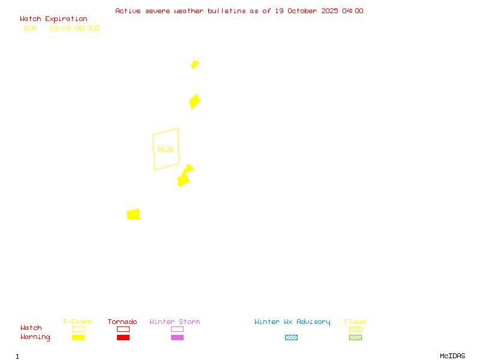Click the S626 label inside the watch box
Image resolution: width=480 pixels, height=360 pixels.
165,149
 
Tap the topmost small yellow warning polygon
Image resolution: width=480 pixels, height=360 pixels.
194,64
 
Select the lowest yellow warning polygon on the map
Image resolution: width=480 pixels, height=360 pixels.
133,214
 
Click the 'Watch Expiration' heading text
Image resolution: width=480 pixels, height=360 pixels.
53,19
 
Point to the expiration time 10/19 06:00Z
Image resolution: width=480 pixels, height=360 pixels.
74,28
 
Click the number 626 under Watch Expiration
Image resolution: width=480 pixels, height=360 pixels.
31,28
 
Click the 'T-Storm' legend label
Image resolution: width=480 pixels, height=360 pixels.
77,322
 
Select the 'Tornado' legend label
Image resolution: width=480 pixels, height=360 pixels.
122,322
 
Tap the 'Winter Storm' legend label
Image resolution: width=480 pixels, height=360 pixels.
175,322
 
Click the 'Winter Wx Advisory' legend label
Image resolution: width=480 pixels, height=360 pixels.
292,322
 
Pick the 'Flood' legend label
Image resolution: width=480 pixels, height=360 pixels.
355,322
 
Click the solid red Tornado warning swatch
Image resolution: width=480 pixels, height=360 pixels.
123,337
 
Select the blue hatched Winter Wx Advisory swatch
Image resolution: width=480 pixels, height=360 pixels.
291,337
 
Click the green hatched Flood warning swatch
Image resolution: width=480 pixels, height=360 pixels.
355,337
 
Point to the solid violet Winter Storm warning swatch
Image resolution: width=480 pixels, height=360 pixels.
177,337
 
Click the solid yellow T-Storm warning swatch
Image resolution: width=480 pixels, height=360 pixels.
78,337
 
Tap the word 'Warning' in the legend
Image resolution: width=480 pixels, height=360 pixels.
35,337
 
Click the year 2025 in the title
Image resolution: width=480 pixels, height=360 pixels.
328,11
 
